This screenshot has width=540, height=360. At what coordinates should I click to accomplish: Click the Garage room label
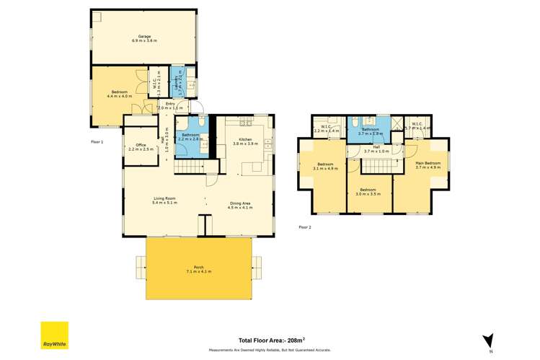144,38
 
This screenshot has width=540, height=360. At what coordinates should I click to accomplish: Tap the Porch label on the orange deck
199,268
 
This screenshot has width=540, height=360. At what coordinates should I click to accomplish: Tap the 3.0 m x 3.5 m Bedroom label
369,192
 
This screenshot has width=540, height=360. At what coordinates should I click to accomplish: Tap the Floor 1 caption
97,142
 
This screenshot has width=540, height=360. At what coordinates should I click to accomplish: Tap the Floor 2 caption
305,227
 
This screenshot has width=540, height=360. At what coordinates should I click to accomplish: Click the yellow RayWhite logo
54,335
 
